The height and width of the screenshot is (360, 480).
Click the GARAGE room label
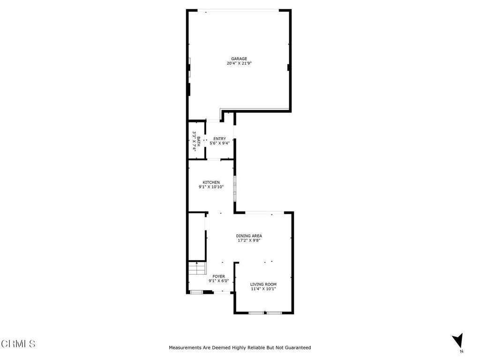[x=239, y=59]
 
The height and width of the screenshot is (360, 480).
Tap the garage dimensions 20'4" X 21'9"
[x=239, y=63]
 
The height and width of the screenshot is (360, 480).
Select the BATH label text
[x=199, y=141]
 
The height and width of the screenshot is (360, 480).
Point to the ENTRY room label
[x=219, y=138]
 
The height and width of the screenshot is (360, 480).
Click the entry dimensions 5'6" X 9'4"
[x=219, y=143]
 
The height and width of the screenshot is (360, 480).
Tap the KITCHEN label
[x=211, y=182]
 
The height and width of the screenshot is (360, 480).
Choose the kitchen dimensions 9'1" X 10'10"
[x=211, y=187]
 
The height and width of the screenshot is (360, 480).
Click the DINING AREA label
[x=248, y=236]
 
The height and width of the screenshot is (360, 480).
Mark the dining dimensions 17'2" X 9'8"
[x=248, y=240]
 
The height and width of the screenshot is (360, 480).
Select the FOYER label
[x=218, y=277]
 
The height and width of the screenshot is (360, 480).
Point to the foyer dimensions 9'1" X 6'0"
[x=218, y=281]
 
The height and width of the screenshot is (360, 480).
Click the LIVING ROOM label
[x=263, y=284]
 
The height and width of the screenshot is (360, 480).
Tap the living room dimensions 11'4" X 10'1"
[x=263, y=289]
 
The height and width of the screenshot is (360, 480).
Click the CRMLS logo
[x=18, y=344]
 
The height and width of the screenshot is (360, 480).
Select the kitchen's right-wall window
[x=235, y=188]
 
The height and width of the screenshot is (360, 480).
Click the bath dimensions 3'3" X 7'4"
[x=194, y=141]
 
